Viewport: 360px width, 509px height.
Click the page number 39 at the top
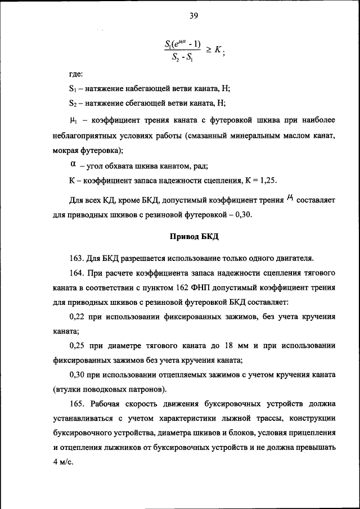coord(193,16)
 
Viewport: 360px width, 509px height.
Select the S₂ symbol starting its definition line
coord(73,103)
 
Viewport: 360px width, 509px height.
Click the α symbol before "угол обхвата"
coord(73,164)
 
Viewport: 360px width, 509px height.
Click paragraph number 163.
coord(76,258)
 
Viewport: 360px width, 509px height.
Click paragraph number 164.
coord(76,273)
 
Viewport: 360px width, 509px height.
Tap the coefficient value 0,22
coord(77,317)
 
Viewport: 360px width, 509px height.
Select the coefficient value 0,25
coord(77,345)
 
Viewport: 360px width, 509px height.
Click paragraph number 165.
coord(76,404)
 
